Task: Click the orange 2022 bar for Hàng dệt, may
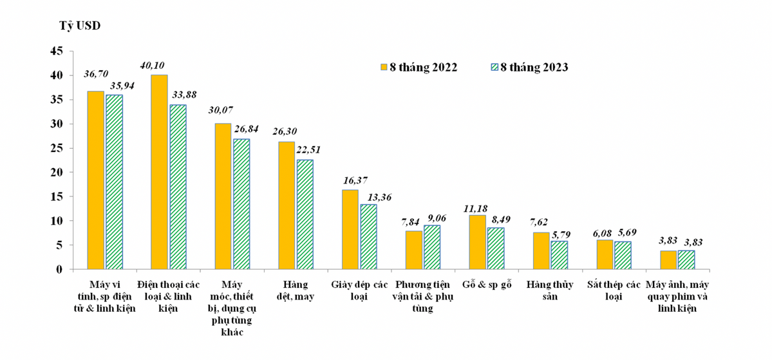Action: point(287,205)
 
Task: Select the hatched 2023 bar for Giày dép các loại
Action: point(368,236)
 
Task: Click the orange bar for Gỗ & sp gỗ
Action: point(477,242)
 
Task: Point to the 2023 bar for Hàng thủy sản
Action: point(560,255)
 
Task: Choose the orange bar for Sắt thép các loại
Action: point(605,254)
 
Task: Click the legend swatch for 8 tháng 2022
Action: point(383,67)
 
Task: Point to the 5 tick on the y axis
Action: point(59,245)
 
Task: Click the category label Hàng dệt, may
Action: point(295,290)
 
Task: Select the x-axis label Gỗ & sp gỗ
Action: point(486,285)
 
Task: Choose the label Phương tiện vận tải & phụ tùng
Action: point(423,296)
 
